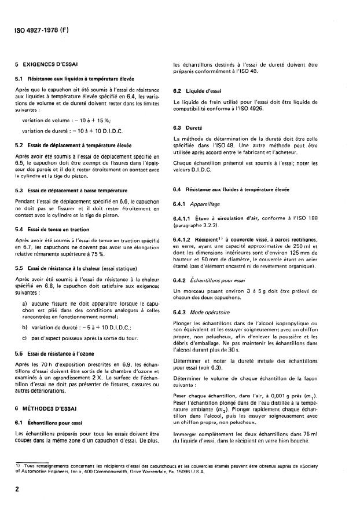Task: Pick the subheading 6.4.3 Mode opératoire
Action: (x=210, y=312)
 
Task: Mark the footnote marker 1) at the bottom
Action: (x=18, y=465)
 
